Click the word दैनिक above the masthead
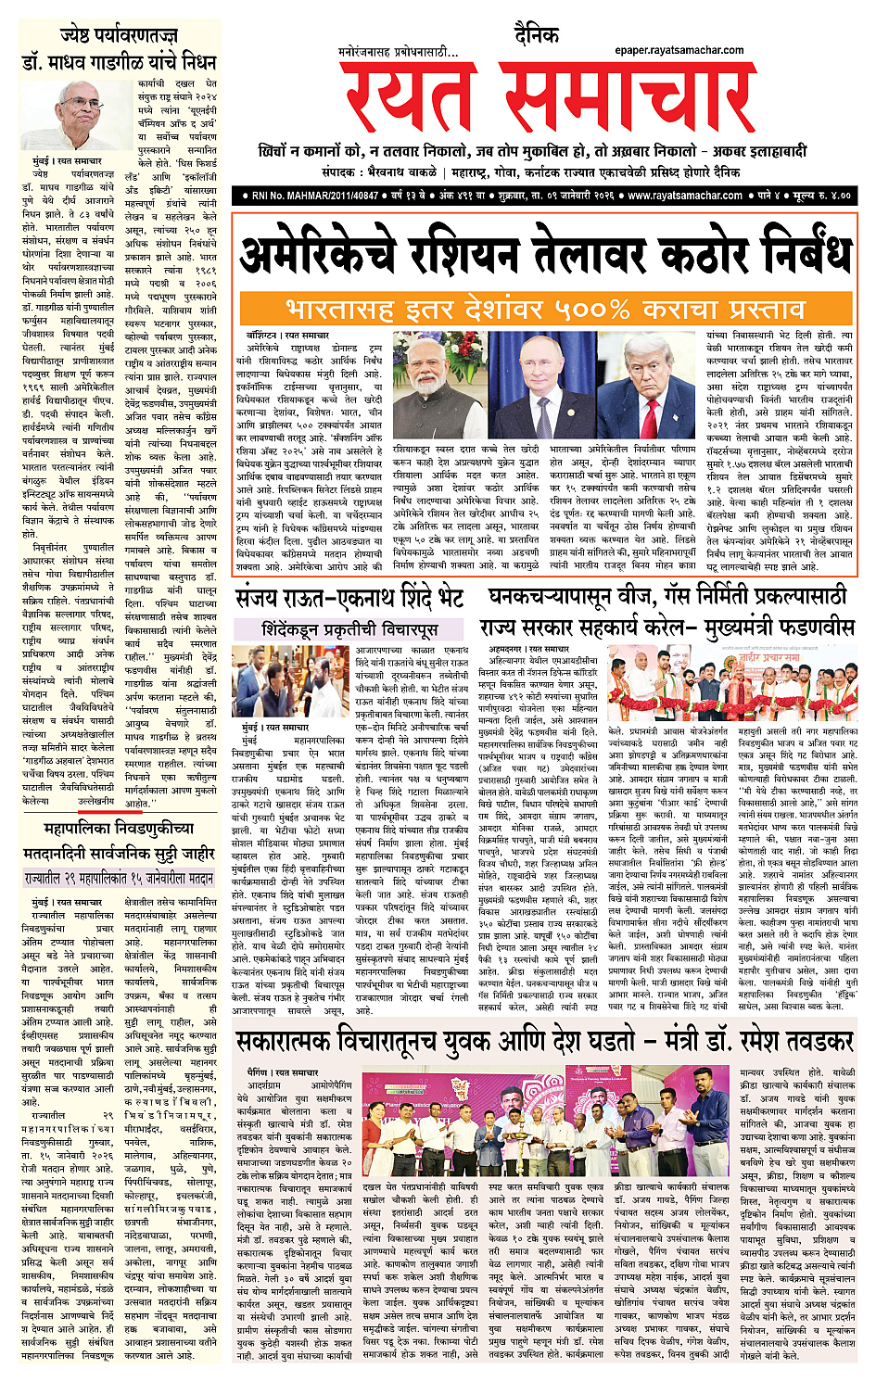pos(536,36)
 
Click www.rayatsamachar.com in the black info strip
pos(684,196)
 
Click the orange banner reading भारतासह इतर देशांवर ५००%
pos(545,308)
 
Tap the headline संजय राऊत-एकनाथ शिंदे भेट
pos(349,598)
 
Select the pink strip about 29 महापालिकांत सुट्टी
pos(119,877)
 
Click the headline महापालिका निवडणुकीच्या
pos(120,828)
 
